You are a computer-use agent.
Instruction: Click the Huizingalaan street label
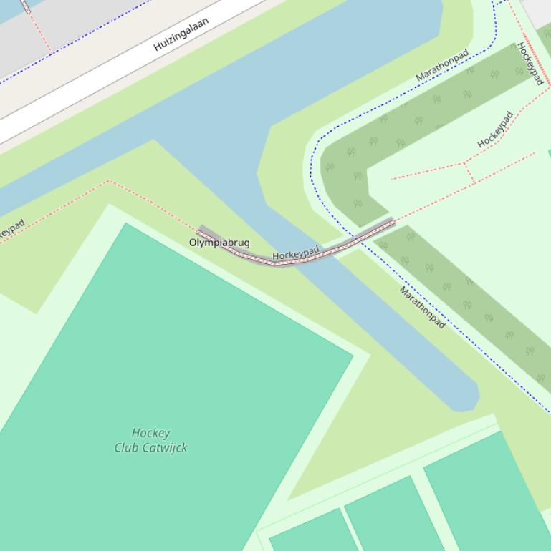181,34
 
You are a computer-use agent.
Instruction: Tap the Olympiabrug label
219,243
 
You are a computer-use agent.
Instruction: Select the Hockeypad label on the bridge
295,253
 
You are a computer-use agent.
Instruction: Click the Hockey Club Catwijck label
150,440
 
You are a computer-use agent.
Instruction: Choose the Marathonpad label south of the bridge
422,308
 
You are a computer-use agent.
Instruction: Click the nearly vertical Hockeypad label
530,63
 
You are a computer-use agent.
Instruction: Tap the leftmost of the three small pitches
312,533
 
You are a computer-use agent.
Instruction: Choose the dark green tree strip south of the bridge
466,301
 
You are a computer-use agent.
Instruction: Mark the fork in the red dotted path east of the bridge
466,165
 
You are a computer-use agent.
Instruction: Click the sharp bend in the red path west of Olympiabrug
109,181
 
